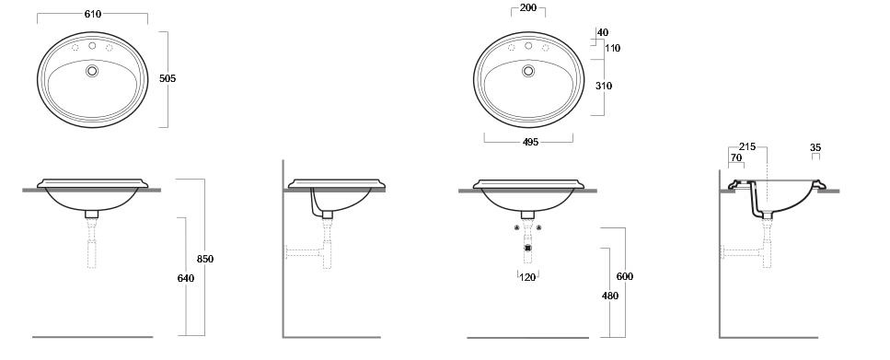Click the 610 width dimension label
93,14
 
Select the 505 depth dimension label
168,79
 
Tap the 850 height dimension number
205,259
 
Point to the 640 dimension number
186,278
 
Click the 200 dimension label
528,8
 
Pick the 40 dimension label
603,33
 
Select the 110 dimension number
612,48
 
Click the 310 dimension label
604,86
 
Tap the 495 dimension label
529,142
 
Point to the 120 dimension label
528,278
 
